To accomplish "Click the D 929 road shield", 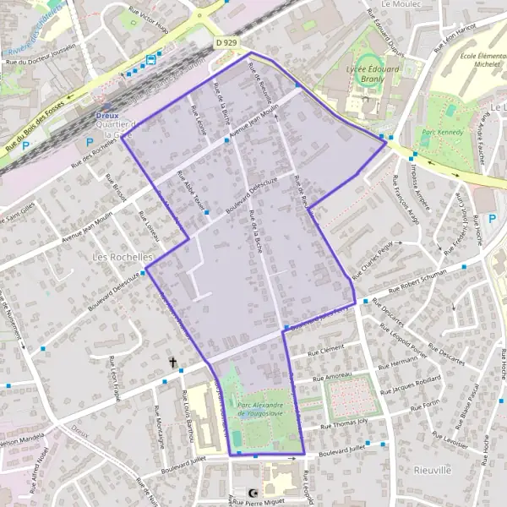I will [226, 41].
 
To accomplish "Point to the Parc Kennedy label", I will [441, 132].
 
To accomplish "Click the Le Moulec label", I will [401, 4].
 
